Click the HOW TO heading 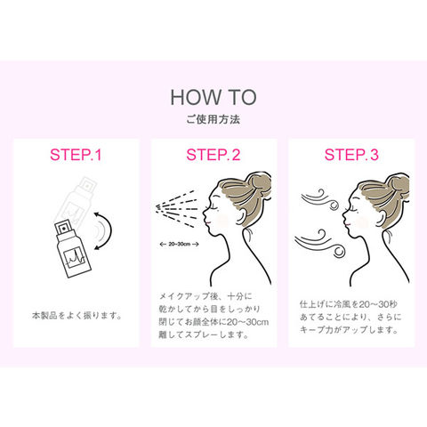pos(213,98)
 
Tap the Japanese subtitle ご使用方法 pos(213,119)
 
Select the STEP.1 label pos(76,155)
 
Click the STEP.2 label pos(213,155)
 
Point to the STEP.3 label pos(351,155)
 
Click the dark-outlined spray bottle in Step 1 pos(73,249)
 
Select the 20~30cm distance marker pos(179,245)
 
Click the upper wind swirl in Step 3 pos(320,199)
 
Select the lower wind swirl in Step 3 pos(320,243)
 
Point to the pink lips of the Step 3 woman pos(348,224)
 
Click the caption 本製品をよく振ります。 pos(77,316)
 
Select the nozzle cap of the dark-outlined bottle pos(62,229)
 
